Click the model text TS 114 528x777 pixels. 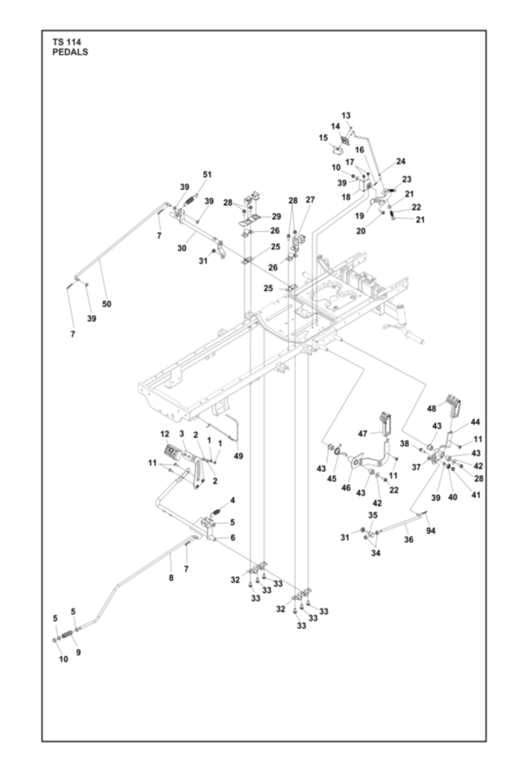[67, 41]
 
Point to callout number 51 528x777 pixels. [207, 174]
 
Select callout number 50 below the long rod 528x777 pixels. [107, 304]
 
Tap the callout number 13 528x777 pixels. [346, 116]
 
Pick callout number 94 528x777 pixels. [430, 531]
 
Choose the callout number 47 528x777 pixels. [362, 433]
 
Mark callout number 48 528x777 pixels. [431, 408]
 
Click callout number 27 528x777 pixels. [311, 200]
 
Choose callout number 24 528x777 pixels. [401, 161]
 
